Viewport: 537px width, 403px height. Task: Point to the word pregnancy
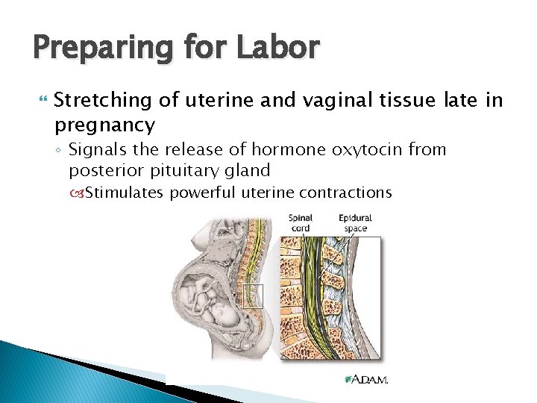[104, 123]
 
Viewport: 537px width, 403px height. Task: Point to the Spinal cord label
[300, 223]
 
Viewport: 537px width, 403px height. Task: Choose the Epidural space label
[355, 223]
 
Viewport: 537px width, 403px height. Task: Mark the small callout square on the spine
[254, 296]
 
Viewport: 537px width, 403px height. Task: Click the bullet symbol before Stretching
[40, 100]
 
